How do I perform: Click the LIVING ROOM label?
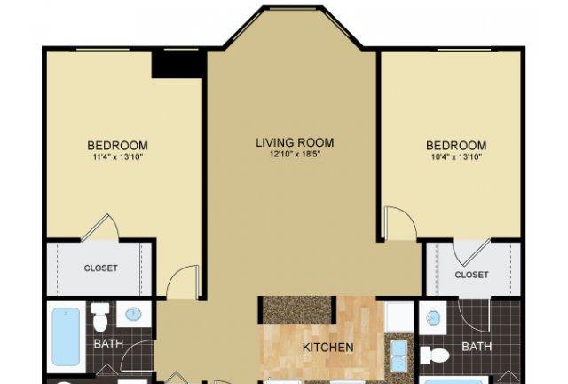pos(295,142)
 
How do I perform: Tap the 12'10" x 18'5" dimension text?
pos(296,155)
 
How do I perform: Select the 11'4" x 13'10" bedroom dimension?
pos(118,157)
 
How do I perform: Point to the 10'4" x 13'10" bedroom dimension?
pos(456,157)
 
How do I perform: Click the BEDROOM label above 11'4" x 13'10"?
pos(118,146)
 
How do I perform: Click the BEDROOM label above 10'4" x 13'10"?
pos(456,146)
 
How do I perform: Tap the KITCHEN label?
pos(327,348)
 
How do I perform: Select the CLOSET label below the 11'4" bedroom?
pos(100,268)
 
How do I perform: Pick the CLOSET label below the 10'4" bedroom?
pos(471,275)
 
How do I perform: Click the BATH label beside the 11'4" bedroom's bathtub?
pos(108,344)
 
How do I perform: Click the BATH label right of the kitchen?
pos(477,347)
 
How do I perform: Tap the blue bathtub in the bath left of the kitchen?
pos(67,337)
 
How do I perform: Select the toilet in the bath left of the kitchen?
pos(100,316)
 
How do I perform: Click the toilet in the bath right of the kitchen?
pos(435,355)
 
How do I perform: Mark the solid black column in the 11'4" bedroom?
pos(177,65)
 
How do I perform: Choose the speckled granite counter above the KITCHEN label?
pos(296,310)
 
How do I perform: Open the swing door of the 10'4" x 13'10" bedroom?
pos(399,223)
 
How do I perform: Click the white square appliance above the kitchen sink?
pos(398,316)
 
